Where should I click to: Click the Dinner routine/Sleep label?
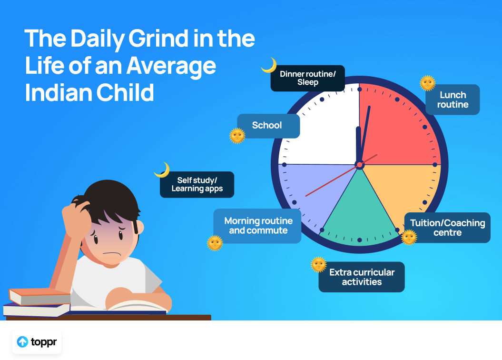308,78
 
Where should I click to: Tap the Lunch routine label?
453,100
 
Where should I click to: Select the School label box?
268,126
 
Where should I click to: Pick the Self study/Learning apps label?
197,184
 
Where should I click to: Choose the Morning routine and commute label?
257,226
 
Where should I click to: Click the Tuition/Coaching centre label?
447,228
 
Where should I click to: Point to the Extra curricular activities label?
362,277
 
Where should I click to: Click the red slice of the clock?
397,128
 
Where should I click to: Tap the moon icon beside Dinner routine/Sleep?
269,65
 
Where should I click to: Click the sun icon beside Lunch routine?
428,83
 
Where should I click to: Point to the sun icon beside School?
237,136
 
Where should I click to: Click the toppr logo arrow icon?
22,342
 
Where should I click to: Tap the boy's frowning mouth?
112,254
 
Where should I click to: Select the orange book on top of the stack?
39,296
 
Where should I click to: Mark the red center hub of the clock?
360,165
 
